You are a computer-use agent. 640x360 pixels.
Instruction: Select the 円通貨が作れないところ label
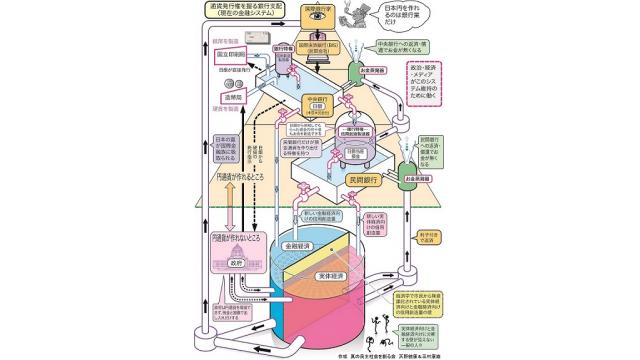pos(236,241)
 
